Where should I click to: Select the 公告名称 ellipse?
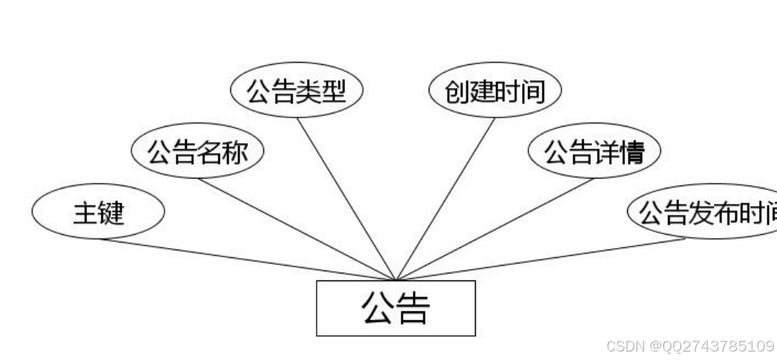[197, 153]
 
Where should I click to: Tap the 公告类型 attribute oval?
[297, 91]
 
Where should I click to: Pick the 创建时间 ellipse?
[495, 91]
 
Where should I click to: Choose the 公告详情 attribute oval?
[594, 153]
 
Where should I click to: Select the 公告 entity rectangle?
[395, 307]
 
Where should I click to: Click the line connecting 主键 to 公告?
[247, 260]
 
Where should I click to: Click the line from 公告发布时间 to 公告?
[541, 258]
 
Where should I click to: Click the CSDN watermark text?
[690, 345]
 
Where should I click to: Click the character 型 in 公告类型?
[334, 91]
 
